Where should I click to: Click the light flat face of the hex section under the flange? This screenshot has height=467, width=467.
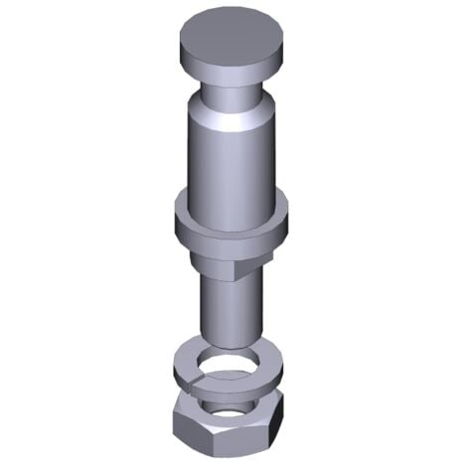(x=214, y=260)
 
